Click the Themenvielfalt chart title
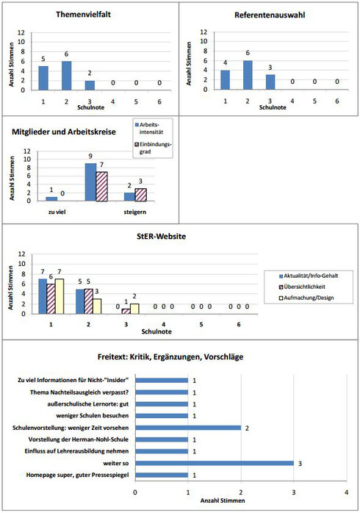83,15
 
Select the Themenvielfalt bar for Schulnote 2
66,76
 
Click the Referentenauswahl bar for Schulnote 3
270,82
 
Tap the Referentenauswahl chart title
270,15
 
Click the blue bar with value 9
90,182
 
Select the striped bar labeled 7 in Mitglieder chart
101,186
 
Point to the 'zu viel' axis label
57,212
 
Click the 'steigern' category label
135,212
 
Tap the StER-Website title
161,236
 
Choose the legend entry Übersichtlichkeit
302,287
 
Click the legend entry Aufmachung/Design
306,298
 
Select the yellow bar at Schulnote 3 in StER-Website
134,309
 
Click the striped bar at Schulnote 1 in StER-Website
51,299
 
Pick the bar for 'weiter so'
215,463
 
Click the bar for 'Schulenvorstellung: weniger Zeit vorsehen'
188,428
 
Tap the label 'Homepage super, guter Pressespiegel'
77,475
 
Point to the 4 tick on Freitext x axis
347,492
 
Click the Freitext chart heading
170,356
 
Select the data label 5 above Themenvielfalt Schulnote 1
43,60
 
